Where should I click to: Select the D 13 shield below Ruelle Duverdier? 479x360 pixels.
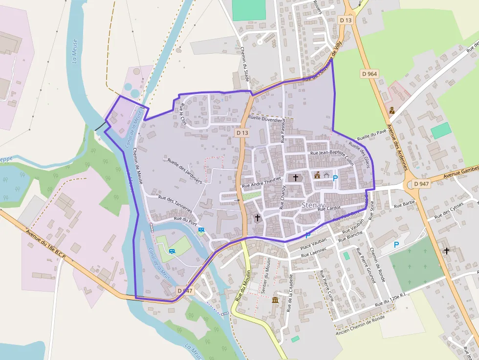point(242,132)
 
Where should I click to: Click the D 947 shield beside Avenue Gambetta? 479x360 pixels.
point(421,184)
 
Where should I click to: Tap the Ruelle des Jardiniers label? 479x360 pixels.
point(184,170)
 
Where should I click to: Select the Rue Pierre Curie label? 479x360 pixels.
point(326,285)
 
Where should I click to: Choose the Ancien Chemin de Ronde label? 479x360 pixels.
point(361,325)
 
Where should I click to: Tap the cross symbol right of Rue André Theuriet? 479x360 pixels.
point(295,177)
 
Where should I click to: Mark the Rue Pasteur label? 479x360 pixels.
point(283,130)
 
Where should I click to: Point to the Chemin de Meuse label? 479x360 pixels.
point(137,166)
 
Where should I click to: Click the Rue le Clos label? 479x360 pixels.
point(183,115)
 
